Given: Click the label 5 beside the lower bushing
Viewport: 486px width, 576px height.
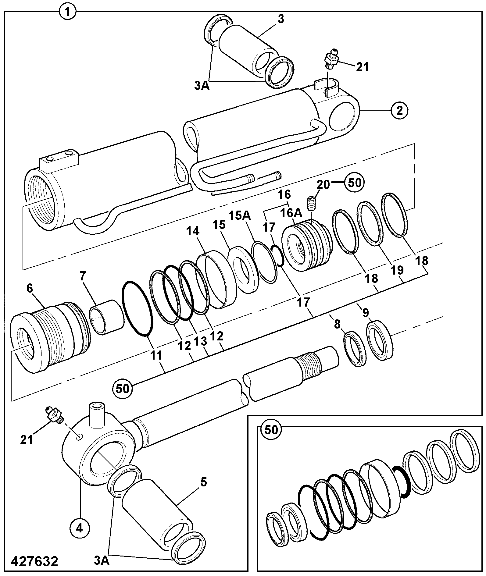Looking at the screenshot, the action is click(203, 482).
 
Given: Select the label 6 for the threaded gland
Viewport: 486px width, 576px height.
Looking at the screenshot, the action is click(30, 288).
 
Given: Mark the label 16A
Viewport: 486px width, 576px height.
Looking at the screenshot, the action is click(291, 213).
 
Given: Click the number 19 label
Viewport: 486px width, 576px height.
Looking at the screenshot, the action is click(397, 270).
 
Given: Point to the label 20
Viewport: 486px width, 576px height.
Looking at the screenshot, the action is click(323, 184).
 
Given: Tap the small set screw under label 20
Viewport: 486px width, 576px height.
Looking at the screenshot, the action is click(311, 204).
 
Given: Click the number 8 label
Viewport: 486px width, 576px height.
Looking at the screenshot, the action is click(337, 324).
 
